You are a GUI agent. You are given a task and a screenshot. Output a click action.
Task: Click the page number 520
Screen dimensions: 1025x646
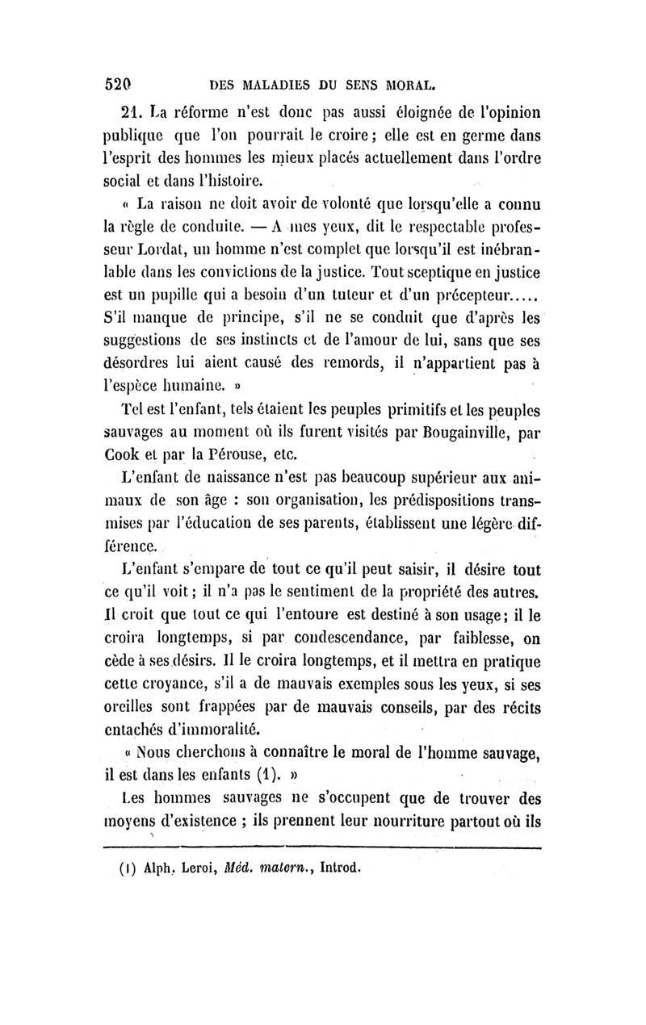pyautogui.click(x=119, y=82)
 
